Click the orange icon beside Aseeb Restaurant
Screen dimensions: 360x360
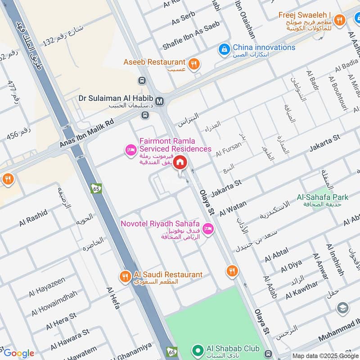pyautogui.click(x=194, y=63)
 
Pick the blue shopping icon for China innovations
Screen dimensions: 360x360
pyautogui.click(x=224, y=48)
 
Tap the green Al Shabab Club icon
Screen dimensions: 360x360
pyautogui.click(x=197, y=349)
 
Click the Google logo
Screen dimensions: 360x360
pyautogui.click(x=19, y=353)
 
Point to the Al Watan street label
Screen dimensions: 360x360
pyautogui.click(x=233, y=209)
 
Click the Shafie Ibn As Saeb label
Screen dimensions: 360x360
pyautogui.click(x=191, y=30)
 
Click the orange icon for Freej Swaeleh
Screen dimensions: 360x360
pyautogui.click(x=339, y=20)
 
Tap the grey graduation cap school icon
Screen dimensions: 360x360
pyautogui.click(x=342, y=308)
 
